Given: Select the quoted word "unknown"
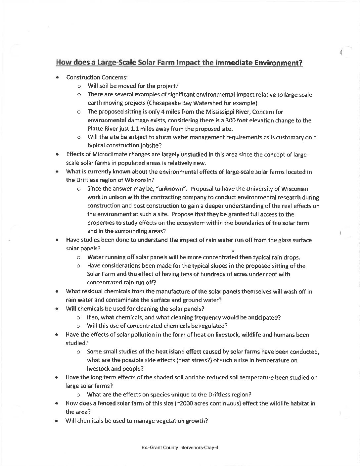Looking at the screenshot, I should pos(172,189).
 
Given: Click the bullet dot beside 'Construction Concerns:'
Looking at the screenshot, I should pos(58,77).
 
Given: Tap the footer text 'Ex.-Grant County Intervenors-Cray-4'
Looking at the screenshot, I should pos(180,448).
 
